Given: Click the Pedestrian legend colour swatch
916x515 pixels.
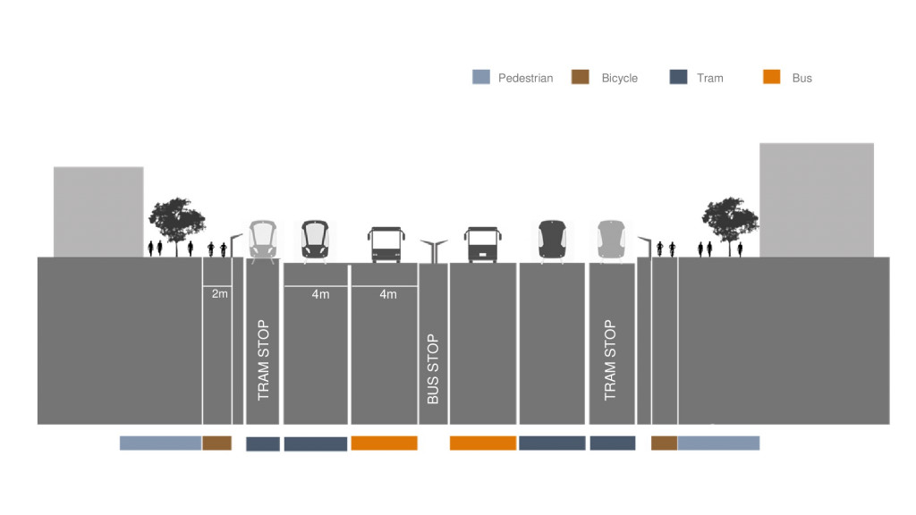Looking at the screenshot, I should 481,78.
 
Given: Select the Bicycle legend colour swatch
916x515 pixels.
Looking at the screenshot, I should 580,78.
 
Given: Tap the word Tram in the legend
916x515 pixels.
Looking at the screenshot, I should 709,78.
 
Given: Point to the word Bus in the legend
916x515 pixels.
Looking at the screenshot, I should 801,78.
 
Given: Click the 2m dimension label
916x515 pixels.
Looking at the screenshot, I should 219,293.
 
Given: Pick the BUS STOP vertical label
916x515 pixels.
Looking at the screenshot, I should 433,368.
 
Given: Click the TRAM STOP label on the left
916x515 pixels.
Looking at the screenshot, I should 263,359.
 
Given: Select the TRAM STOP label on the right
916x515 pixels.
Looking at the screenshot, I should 610,359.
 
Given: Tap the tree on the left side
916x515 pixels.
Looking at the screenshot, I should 176,222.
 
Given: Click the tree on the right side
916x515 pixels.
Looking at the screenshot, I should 730,222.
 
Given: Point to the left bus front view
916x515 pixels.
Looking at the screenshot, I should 385,244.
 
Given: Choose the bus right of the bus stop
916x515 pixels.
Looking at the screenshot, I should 481,244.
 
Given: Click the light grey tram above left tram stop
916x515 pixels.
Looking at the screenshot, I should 261,241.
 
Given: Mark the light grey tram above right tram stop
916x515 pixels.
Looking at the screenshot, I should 610,241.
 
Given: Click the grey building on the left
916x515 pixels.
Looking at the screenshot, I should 98,211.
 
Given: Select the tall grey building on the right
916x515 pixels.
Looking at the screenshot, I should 816,199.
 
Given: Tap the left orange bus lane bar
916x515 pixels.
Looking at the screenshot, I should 384,443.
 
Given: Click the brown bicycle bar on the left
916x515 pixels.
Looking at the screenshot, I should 216,443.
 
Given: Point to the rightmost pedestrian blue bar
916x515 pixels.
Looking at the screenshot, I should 718,443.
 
